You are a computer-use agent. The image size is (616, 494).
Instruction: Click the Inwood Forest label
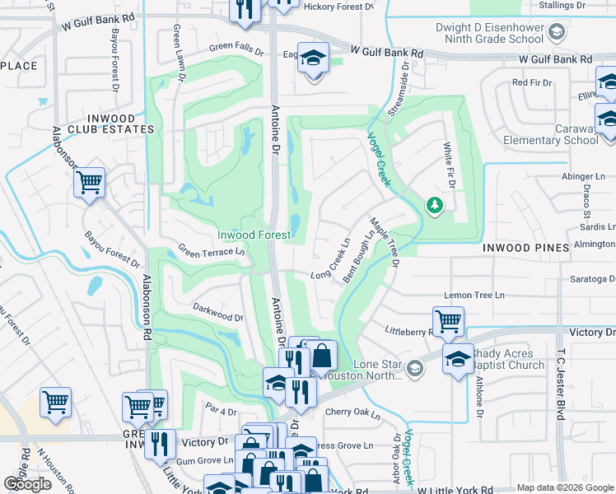254,235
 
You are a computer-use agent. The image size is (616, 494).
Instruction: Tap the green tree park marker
433,204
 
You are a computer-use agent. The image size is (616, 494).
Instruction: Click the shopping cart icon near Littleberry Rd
448,319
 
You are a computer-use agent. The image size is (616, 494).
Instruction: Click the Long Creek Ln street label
331,259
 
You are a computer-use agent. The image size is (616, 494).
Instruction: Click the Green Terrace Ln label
212,252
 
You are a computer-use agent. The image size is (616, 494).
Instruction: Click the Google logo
27,484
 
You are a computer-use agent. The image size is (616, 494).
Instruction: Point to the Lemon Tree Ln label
474,295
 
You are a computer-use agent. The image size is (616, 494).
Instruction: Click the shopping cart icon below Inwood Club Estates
89,181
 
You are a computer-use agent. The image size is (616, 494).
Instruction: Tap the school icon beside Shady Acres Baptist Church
458,357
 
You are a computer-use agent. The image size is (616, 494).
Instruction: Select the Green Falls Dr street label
236,49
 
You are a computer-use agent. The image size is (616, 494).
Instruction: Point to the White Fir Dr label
449,155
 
